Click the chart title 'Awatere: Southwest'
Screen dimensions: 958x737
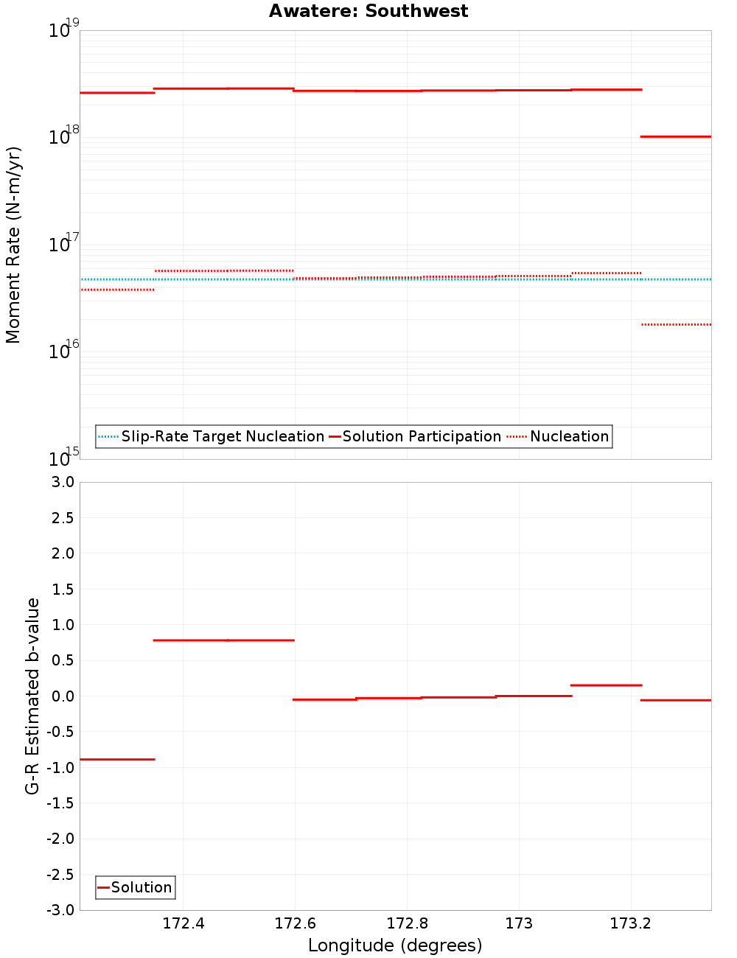[x=368, y=11]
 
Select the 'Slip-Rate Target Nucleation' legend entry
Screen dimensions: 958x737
[x=222, y=437]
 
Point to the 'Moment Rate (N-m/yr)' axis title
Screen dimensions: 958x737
[x=13, y=245]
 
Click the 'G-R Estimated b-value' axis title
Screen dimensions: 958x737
[x=32, y=696]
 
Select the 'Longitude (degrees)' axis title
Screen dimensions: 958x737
[x=395, y=945]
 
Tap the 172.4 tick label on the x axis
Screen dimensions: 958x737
[x=184, y=924]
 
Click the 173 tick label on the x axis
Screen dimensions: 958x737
[x=519, y=924]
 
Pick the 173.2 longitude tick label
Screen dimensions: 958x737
[x=631, y=924]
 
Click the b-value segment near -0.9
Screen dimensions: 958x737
[x=117, y=759]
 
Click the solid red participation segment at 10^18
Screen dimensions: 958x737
[x=676, y=136]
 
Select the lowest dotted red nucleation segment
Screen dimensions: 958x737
[x=676, y=324]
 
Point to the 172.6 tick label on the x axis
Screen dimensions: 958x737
[x=295, y=924]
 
